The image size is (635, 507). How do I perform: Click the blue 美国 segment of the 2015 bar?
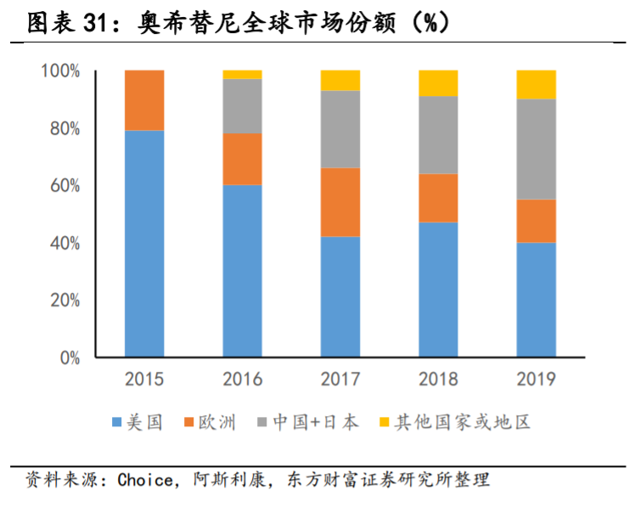(x=144, y=244)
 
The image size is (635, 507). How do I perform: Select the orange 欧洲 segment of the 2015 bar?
(x=144, y=100)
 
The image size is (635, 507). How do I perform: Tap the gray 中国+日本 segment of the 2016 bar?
(x=242, y=106)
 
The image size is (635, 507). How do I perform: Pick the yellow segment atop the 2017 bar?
(x=340, y=80)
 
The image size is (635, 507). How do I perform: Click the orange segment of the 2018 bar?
(x=438, y=198)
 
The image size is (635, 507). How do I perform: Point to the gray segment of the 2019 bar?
(x=536, y=149)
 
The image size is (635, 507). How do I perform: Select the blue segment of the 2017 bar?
(x=340, y=296)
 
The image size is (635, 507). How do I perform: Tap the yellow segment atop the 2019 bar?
(x=536, y=84)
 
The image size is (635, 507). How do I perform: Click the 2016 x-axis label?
(x=242, y=379)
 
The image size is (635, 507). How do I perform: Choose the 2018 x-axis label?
(x=438, y=379)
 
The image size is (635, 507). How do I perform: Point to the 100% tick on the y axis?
(x=60, y=71)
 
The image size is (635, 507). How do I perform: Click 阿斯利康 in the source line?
(x=225, y=480)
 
